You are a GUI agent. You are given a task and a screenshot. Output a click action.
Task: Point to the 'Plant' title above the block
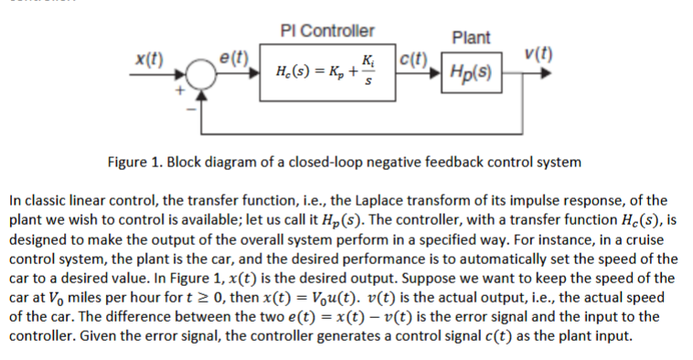(x=471, y=37)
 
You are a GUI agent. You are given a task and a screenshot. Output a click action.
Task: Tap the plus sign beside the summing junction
(x=182, y=91)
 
